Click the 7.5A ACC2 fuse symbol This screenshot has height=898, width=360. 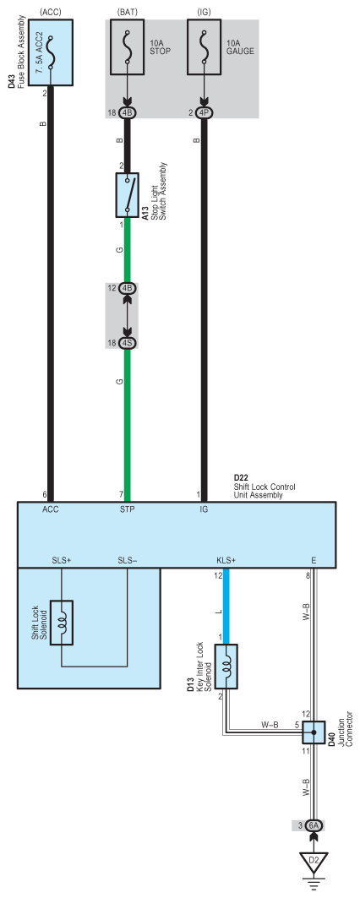51,51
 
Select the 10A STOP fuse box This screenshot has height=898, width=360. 128,51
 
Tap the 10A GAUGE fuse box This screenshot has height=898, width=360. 204,51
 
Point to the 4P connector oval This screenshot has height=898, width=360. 204,112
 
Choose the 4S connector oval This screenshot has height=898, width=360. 128,343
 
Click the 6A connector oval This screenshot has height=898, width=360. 314,825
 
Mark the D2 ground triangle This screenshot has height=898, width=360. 314,862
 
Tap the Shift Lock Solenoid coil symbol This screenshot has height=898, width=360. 63,623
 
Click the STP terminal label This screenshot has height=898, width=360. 127,509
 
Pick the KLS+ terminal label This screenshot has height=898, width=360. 226,560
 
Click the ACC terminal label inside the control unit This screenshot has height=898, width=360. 51,509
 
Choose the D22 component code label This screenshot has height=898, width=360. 242,478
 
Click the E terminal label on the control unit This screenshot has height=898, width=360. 314,560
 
